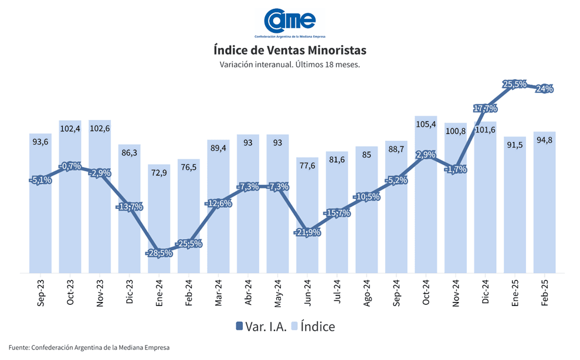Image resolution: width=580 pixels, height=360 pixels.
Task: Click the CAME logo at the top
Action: click(290, 22)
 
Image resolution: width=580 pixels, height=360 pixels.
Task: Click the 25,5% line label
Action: click(515, 84)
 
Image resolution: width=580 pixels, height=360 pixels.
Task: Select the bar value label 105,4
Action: click(426, 124)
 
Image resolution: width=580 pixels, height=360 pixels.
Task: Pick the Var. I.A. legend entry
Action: click(261, 327)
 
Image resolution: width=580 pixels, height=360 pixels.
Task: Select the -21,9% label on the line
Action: click(307, 233)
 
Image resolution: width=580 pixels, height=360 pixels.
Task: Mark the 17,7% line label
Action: click(486, 108)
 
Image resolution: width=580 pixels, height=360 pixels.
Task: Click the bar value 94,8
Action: click(545, 140)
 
